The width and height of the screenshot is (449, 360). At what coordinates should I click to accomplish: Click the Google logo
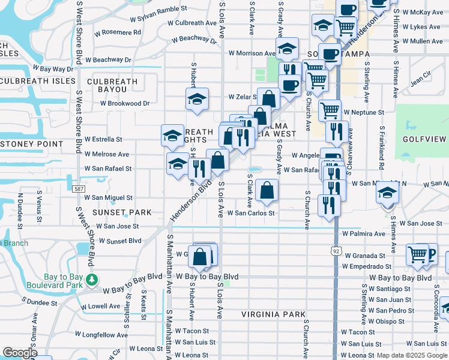tap(20, 352)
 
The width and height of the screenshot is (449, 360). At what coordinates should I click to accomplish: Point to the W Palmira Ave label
tap(364, 233)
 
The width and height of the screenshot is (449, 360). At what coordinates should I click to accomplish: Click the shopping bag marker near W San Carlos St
tap(267, 191)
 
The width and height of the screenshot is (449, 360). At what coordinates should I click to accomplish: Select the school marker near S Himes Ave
tap(387, 193)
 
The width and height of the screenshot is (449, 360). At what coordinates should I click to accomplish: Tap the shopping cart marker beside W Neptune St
tap(330, 111)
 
